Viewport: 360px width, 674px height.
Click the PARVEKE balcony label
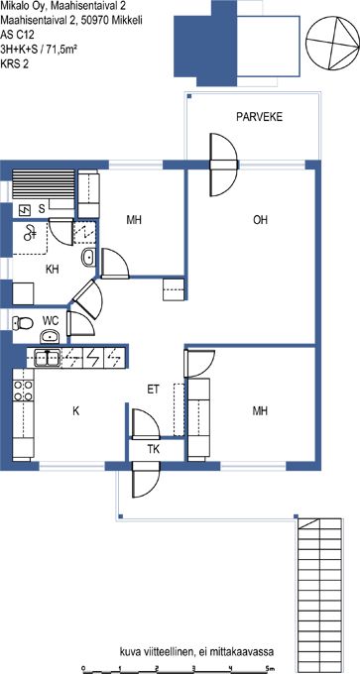(x=260, y=117)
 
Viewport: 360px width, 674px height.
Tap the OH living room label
(x=260, y=220)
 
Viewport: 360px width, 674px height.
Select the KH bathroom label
(x=52, y=270)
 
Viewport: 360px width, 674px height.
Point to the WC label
(x=51, y=320)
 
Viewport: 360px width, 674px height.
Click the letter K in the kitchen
(x=75, y=411)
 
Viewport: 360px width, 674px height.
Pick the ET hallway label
(x=153, y=390)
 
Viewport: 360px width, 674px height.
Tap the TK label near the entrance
(x=153, y=450)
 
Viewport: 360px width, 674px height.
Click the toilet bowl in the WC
(x=23, y=322)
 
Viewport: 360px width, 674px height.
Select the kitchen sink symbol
(x=47, y=358)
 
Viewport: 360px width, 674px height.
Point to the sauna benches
(x=44, y=184)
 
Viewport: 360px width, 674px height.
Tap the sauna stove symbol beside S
(x=26, y=210)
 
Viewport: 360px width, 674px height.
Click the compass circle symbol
(x=332, y=45)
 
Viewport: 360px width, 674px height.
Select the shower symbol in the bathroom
(x=30, y=233)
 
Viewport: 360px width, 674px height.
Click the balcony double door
(x=224, y=165)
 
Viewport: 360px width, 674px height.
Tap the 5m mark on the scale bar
(x=270, y=666)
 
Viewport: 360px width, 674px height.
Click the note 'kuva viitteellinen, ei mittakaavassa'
(x=196, y=651)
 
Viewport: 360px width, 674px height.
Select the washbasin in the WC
(x=50, y=336)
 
